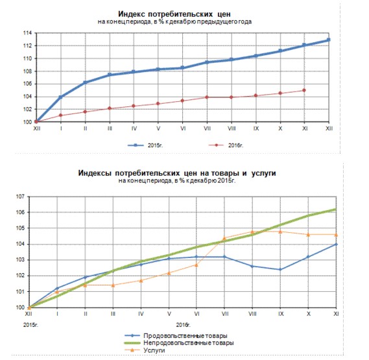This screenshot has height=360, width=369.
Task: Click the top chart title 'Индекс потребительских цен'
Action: (x=174, y=14)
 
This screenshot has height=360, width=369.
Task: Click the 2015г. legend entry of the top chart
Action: (x=145, y=145)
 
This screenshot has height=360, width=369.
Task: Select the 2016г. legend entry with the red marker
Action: (x=226, y=145)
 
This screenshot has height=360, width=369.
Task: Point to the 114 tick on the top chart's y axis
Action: (x=27, y=33)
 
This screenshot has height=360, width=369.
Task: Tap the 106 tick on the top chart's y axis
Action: (x=27, y=84)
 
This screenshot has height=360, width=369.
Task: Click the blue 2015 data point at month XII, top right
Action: (x=329, y=40)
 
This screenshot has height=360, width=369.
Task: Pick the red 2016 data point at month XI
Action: (x=304, y=90)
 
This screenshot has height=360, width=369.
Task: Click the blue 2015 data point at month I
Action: (x=61, y=97)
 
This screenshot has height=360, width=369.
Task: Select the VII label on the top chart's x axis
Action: (x=207, y=128)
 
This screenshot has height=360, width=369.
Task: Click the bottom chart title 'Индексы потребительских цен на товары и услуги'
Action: (x=177, y=173)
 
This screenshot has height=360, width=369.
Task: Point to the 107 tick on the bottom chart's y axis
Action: (x=20, y=197)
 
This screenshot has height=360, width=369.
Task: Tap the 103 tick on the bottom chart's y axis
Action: (x=20, y=259)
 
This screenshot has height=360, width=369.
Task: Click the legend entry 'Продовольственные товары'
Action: (x=176, y=335)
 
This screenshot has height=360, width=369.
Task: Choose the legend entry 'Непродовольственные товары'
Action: (x=179, y=343)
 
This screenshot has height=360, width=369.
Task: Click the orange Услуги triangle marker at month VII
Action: (x=224, y=238)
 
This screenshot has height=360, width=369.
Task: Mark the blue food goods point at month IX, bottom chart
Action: (x=280, y=269)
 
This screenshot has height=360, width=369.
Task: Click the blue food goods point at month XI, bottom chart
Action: (x=336, y=245)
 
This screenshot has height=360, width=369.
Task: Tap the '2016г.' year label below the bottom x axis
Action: (x=183, y=325)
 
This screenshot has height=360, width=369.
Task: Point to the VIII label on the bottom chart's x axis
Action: (x=252, y=314)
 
